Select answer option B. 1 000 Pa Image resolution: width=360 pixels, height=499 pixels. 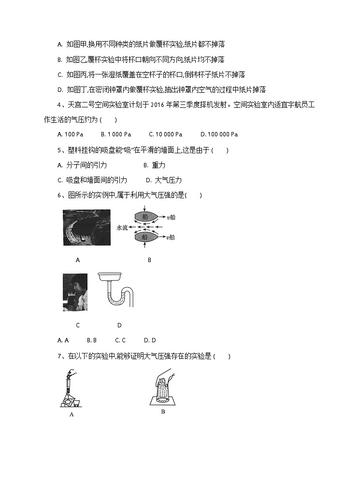click(x=116, y=134)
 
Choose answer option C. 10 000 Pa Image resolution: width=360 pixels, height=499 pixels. click(x=165, y=134)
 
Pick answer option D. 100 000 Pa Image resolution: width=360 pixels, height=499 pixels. click(x=219, y=134)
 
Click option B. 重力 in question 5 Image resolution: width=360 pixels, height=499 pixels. click(x=155, y=165)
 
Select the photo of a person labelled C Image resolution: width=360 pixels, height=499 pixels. click(x=75, y=292)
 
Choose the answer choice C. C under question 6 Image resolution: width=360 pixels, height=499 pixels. click(x=120, y=340)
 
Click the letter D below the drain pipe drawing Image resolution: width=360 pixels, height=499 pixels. click(x=119, y=325)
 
